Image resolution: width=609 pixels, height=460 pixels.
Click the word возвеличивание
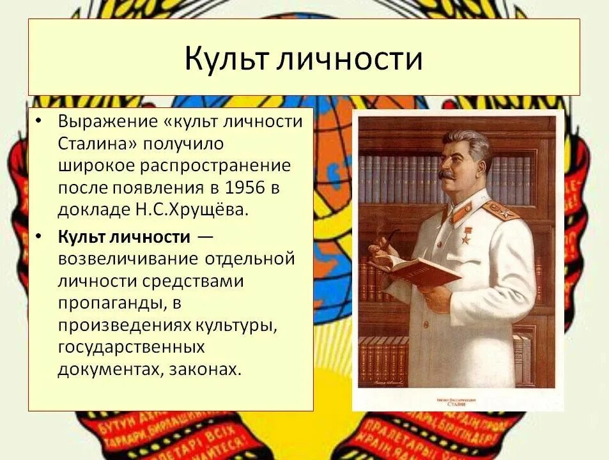click(x=128, y=259)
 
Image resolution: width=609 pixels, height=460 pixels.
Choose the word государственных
click(x=131, y=347)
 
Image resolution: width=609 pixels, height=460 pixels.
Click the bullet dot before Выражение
click(x=39, y=121)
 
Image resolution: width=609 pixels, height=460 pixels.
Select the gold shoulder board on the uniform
click(x=501, y=210)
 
